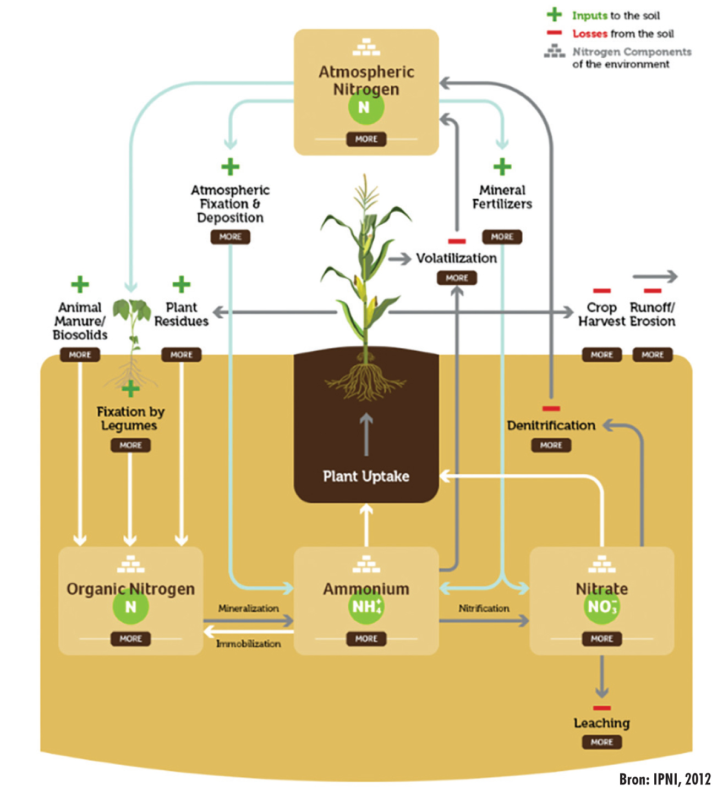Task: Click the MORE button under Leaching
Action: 601,742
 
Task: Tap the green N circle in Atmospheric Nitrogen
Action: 366,107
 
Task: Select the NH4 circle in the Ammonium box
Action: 366,606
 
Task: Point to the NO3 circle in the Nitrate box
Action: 601,606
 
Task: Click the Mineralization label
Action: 248,609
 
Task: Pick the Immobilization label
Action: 248,644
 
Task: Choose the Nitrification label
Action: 484,609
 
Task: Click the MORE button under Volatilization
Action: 457,278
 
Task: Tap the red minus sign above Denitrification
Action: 551,408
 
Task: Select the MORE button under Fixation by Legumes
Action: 130,445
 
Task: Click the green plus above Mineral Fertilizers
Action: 502,167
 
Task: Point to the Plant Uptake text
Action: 366,476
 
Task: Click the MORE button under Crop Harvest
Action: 601,355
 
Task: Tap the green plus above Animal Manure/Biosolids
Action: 80,284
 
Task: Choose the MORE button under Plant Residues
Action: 181,355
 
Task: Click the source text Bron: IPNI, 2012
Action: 665,779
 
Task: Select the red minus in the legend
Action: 554,33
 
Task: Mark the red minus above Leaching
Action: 601,707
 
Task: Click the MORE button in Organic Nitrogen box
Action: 130,639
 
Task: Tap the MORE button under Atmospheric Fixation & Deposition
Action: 230,237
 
